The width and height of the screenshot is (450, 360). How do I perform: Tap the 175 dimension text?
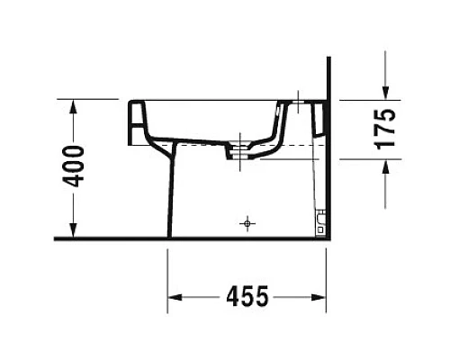pyautogui.click(x=386, y=128)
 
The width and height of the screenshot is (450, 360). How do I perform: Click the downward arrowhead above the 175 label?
pyautogui.click(x=385, y=91)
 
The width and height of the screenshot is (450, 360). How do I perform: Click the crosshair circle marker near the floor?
pyautogui.click(x=245, y=221)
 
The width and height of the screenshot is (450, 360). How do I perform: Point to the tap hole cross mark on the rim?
pyautogui.click(x=299, y=104)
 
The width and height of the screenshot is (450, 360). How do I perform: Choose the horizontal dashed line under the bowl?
pyautogui.click(x=288, y=144)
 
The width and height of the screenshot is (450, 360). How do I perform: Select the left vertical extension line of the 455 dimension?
pyautogui.click(x=168, y=279)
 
